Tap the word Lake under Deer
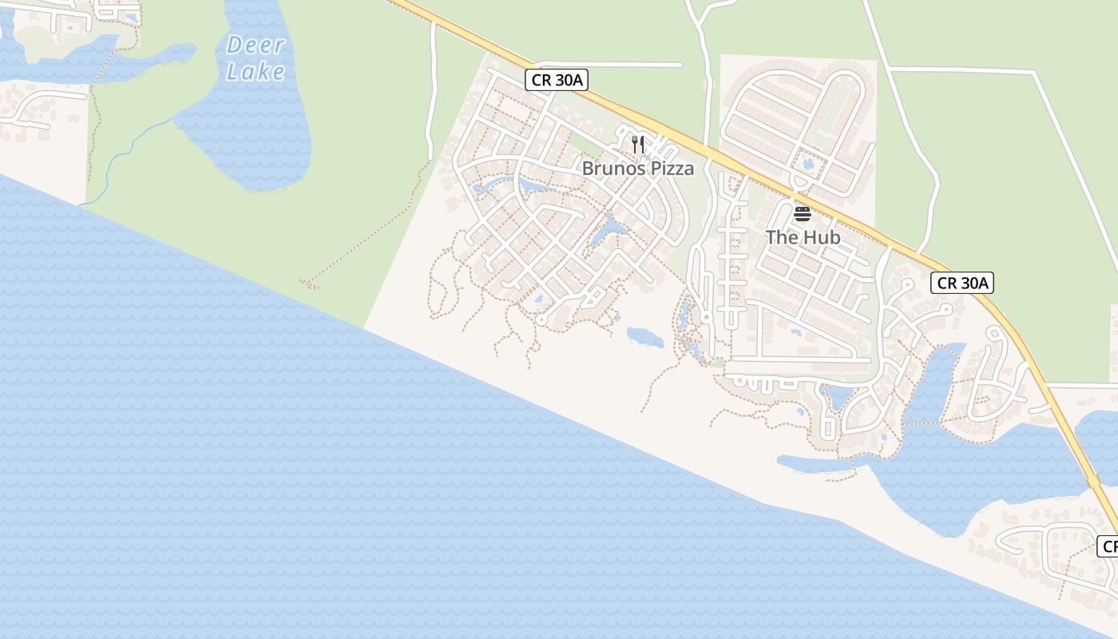coord(255,72)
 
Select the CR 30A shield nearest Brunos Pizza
coord(557,80)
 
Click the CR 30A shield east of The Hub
coord(961,282)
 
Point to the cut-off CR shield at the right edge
coord(1108,546)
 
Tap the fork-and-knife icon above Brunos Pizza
coord(637,144)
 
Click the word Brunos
coord(611,169)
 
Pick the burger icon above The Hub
coord(803,213)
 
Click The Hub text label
coord(803,237)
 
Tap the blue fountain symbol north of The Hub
coord(808,165)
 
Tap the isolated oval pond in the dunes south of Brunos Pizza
coord(644,337)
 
